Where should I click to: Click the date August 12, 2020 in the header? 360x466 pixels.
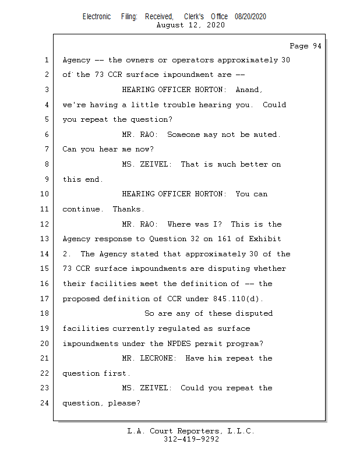coord(190,25)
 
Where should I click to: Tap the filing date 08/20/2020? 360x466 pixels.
coord(250,17)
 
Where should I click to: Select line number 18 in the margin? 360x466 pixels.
coord(45,313)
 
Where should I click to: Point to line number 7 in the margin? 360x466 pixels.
coord(47,149)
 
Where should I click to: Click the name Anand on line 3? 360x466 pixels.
coord(249,90)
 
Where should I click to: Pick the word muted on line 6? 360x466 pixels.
coord(267,135)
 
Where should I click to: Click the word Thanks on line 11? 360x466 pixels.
coord(126,209)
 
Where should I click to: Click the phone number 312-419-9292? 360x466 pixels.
coord(191,439)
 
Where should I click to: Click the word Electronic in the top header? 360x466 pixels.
coord(97,17)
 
